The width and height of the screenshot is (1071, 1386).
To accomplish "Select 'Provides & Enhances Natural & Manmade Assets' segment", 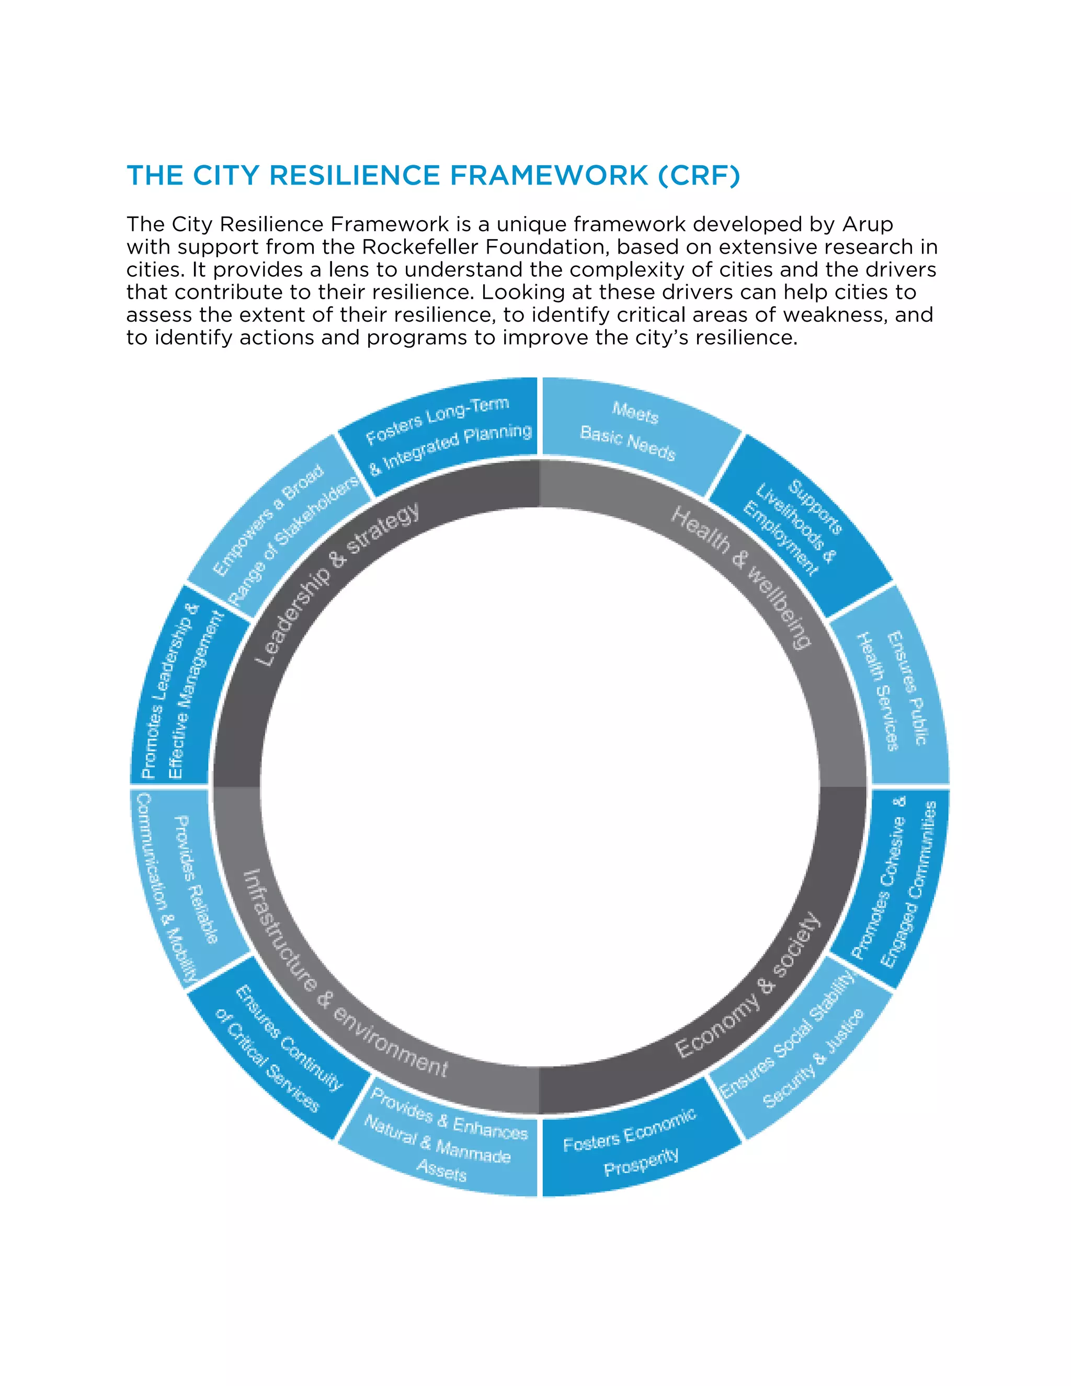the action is (x=444, y=1142).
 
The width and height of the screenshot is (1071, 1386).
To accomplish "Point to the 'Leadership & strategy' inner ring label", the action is (x=336, y=584).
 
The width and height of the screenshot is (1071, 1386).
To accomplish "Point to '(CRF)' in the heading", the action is (x=699, y=176).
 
